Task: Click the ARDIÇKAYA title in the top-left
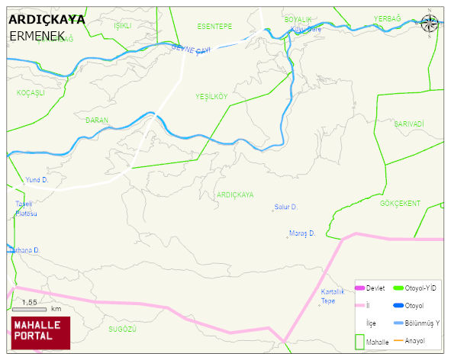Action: [x=47, y=20]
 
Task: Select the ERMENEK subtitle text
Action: [x=37, y=36]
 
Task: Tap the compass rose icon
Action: [x=430, y=23]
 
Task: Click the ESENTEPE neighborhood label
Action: [x=214, y=26]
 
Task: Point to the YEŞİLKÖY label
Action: [x=211, y=97]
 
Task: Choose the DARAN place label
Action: [x=97, y=121]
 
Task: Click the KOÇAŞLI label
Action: [x=31, y=92]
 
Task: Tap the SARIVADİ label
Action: [x=408, y=124]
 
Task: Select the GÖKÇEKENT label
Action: [x=400, y=204]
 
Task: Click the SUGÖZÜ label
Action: [x=122, y=329]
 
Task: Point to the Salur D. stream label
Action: [x=285, y=207]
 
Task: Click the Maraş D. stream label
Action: [x=301, y=233]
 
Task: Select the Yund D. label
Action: [x=37, y=180]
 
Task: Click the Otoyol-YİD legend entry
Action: [x=419, y=288]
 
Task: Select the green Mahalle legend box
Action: [x=360, y=341]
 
